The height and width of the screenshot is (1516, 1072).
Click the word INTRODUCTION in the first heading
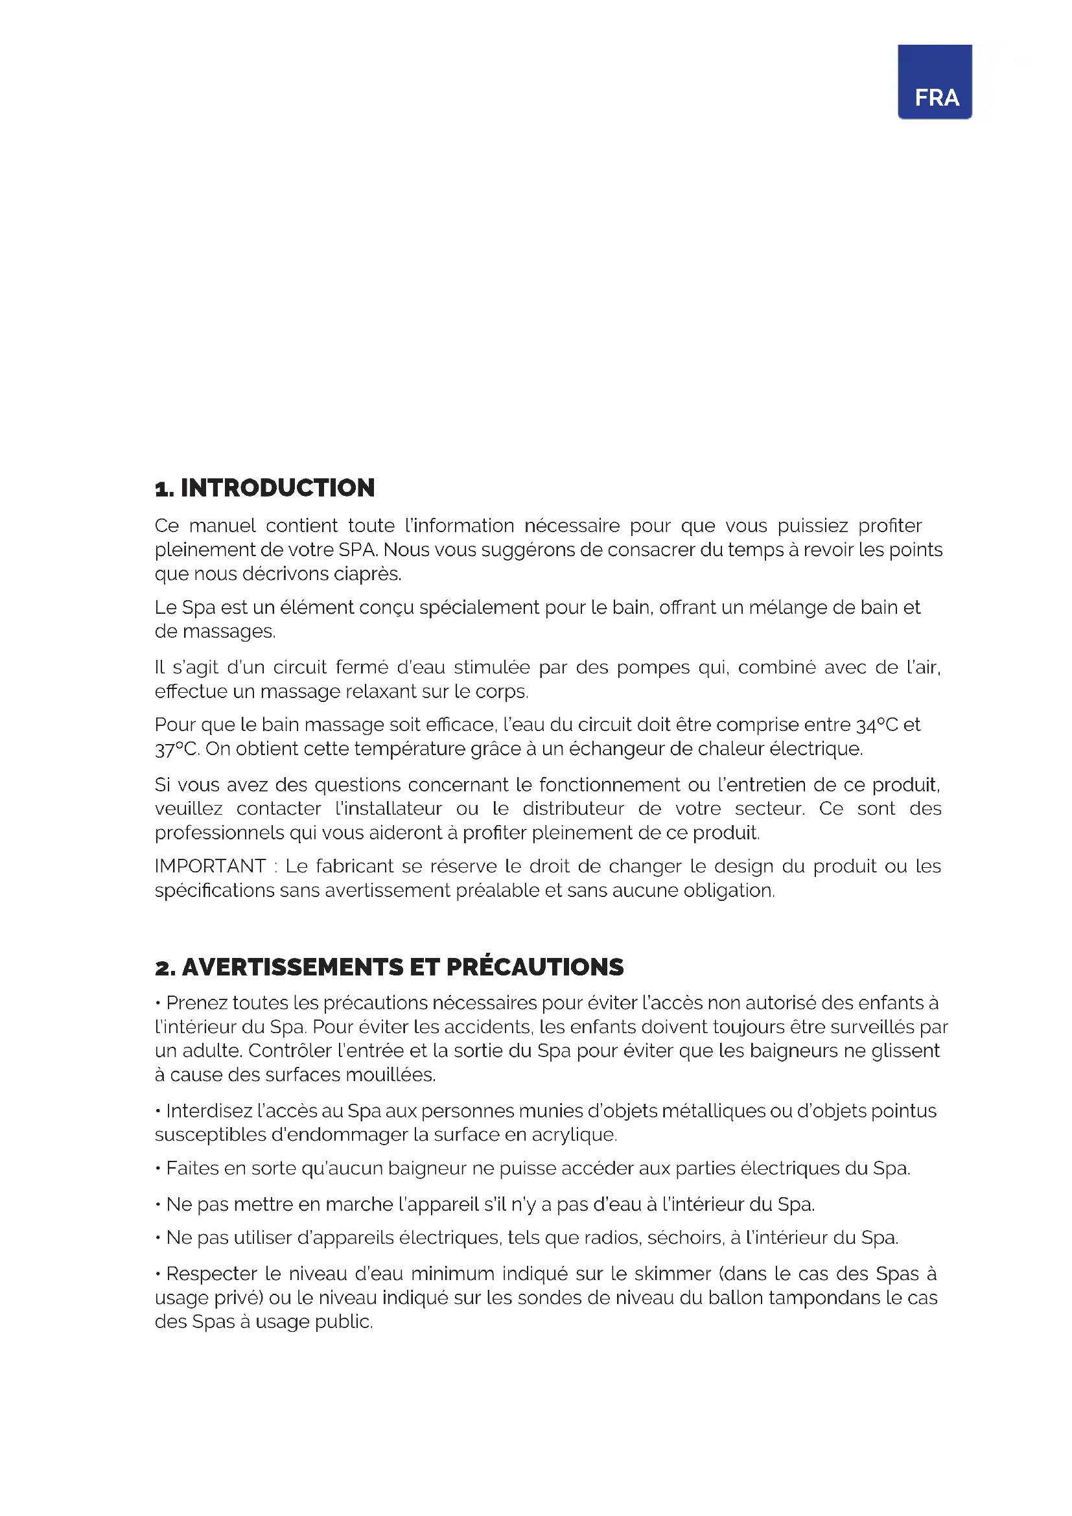277,488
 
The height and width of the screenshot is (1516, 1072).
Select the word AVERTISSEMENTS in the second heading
292,966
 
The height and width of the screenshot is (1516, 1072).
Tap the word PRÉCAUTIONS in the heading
535,966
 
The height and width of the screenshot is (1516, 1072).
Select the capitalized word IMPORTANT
210,867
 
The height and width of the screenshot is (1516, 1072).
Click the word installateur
388,809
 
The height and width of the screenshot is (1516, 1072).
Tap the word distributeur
573,809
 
